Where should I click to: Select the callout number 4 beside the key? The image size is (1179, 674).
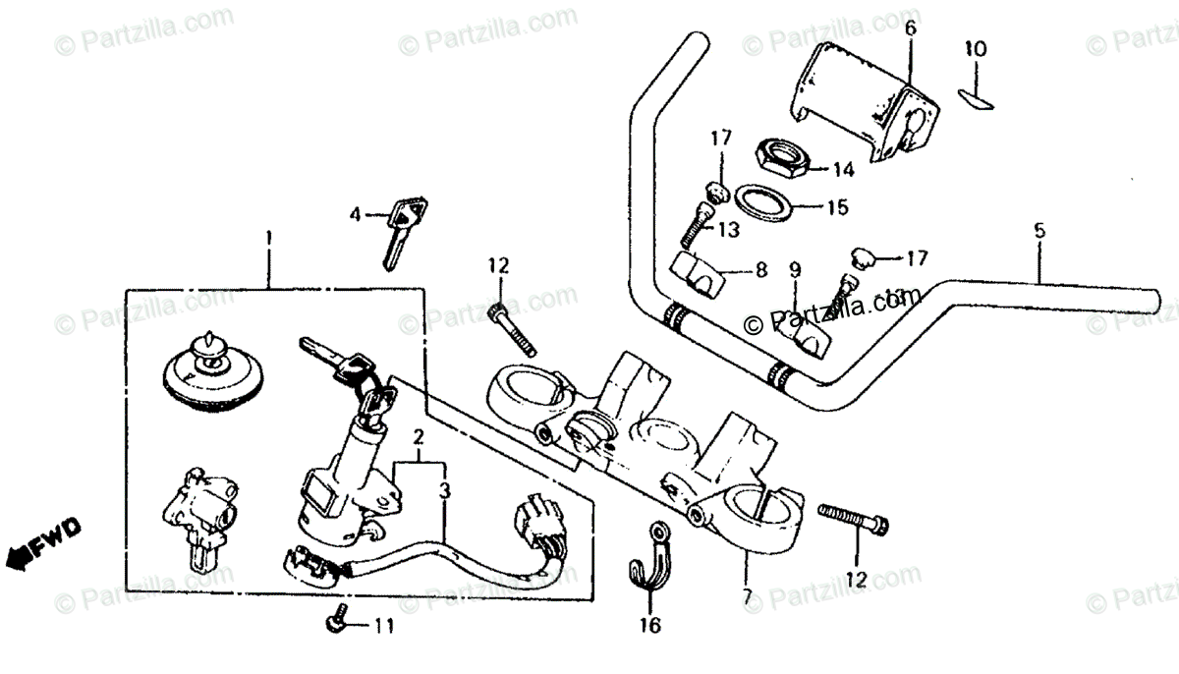point(358,213)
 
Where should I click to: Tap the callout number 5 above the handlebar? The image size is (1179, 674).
point(1039,232)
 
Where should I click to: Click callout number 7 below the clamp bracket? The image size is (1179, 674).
point(748,596)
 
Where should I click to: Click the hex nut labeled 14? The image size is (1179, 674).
point(781,157)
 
